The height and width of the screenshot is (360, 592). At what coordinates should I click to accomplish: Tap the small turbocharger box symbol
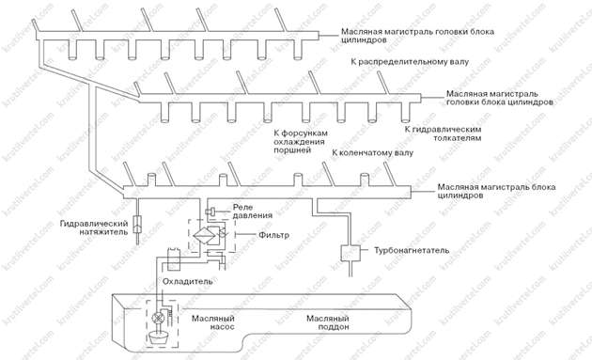[351, 252]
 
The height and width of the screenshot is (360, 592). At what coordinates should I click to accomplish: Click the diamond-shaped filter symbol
[215, 236]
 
